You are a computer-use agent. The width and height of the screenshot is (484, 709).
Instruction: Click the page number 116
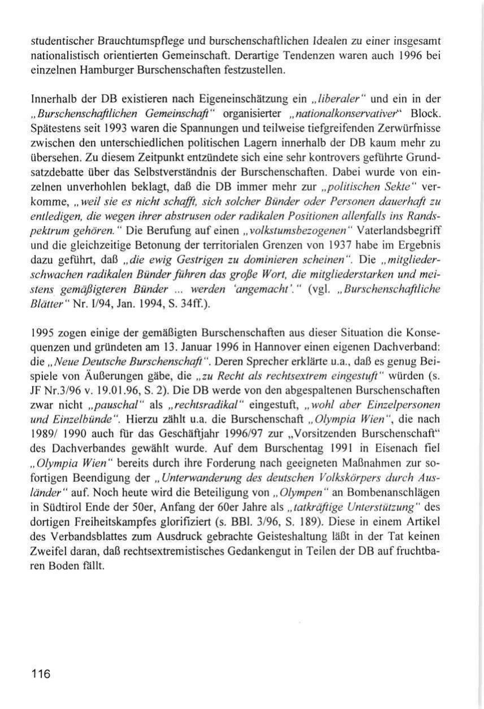41,673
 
